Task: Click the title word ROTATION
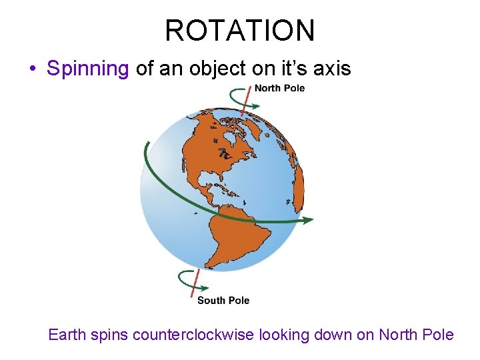pyautogui.click(x=240, y=31)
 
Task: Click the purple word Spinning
pyautogui.click(x=87, y=69)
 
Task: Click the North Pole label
pyautogui.click(x=279, y=88)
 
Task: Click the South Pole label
pyautogui.click(x=223, y=301)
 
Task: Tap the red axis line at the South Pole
pyautogui.click(x=195, y=285)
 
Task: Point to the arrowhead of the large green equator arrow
pyautogui.click(x=307, y=219)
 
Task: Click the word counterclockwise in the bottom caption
pyautogui.click(x=193, y=335)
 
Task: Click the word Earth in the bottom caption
pyautogui.click(x=67, y=335)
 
